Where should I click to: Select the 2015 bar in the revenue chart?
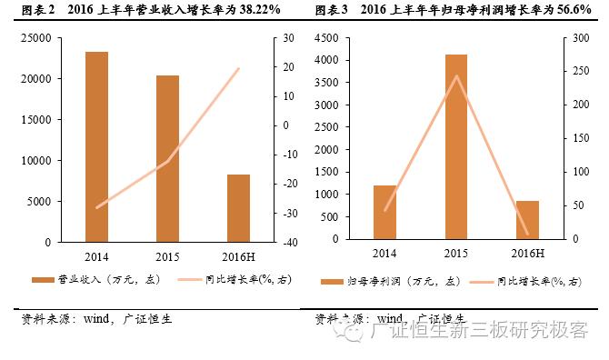pyautogui.click(x=167, y=159)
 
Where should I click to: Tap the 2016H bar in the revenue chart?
pyautogui.click(x=238, y=208)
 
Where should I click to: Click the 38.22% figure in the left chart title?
pyautogui.click(x=254, y=9)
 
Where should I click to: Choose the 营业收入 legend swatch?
pyautogui.click(x=43, y=280)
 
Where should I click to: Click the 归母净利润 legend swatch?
pyautogui.click(x=334, y=282)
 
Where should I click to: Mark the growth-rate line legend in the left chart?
pyautogui.click(x=195, y=280)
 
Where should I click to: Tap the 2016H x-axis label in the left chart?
pyautogui.click(x=238, y=255)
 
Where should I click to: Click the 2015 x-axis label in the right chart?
pyautogui.click(x=455, y=255)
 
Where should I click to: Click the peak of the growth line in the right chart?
pyautogui.click(x=456, y=75)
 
